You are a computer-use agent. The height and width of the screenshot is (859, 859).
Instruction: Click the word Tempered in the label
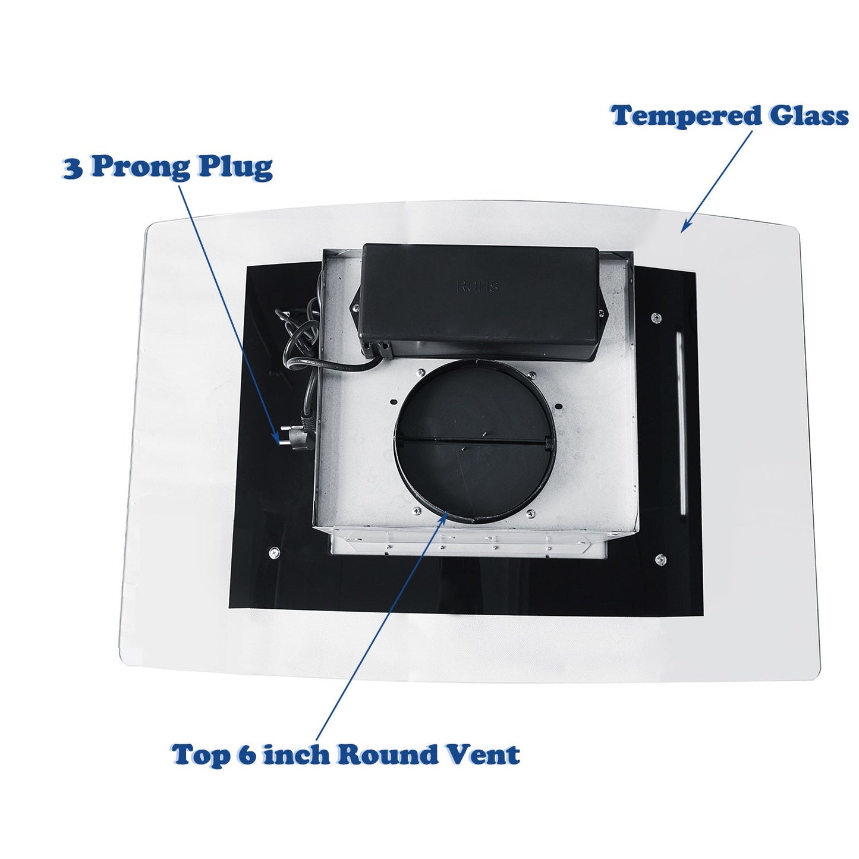tap(686, 117)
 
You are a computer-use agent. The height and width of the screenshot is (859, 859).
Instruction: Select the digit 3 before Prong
tap(73, 168)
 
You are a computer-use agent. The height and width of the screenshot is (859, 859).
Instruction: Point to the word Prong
tap(140, 169)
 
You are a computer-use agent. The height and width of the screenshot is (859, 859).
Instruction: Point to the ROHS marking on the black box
tap(477, 287)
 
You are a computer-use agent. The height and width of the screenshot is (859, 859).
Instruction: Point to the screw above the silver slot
tap(655, 317)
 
